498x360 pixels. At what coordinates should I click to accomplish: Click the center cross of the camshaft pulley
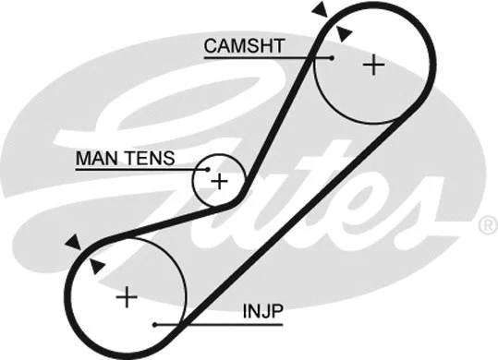click(x=372, y=65)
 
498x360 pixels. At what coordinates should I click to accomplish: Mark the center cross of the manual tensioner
click(x=219, y=181)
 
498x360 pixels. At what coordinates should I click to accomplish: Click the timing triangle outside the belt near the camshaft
click(x=319, y=10)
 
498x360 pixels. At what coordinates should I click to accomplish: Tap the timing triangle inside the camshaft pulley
click(x=344, y=34)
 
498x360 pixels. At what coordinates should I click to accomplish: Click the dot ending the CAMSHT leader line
click(x=330, y=58)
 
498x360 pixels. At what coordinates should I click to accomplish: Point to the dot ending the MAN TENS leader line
click(x=209, y=171)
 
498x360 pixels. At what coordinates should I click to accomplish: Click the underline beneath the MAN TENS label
click(x=139, y=171)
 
